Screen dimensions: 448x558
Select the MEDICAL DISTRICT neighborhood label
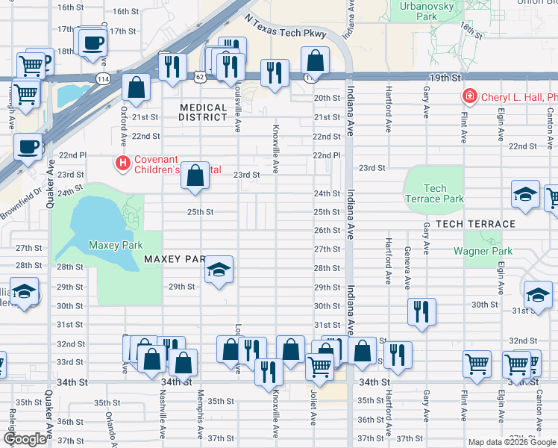coord(203,112)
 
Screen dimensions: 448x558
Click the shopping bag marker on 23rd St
coord(195,177)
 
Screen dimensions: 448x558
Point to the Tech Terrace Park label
coord(434,193)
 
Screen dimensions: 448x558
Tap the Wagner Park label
coord(483,251)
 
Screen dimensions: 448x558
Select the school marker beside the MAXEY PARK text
coord(219,271)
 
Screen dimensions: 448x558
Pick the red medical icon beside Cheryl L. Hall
coord(470,96)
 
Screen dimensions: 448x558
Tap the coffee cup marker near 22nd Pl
coord(28,146)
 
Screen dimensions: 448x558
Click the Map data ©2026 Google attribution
coord(511,442)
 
